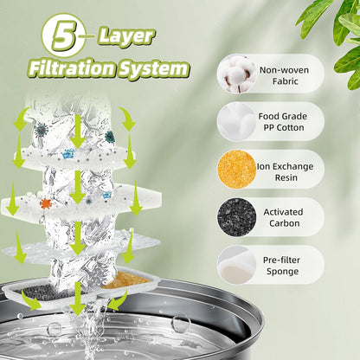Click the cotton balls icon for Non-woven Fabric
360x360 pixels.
[x=236, y=74]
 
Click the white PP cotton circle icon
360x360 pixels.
[x=236, y=121]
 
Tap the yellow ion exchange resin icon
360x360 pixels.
[x=236, y=169]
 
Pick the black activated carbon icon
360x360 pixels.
[x=236, y=216]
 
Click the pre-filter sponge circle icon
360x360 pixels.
[x=236, y=265]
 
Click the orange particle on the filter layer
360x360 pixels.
[x=46, y=203]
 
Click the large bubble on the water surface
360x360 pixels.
[x=180, y=324]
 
